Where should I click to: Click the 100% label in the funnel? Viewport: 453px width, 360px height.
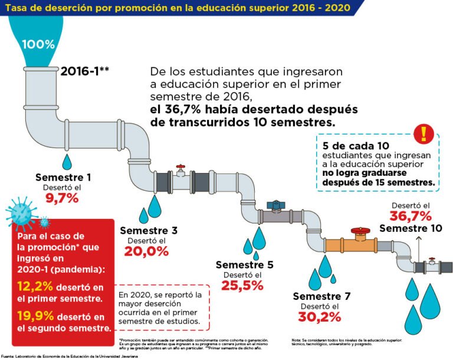[x=38, y=44]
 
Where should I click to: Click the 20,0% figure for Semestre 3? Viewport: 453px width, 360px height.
[x=146, y=250]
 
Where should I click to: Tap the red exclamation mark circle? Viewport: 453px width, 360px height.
[x=423, y=134]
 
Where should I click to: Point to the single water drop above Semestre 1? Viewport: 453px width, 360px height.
[x=68, y=161]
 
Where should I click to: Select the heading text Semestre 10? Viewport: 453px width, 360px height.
[x=410, y=228]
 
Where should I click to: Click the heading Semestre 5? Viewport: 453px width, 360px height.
[x=244, y=264]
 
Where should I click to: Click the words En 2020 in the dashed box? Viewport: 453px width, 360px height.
[x=132, y=294]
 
